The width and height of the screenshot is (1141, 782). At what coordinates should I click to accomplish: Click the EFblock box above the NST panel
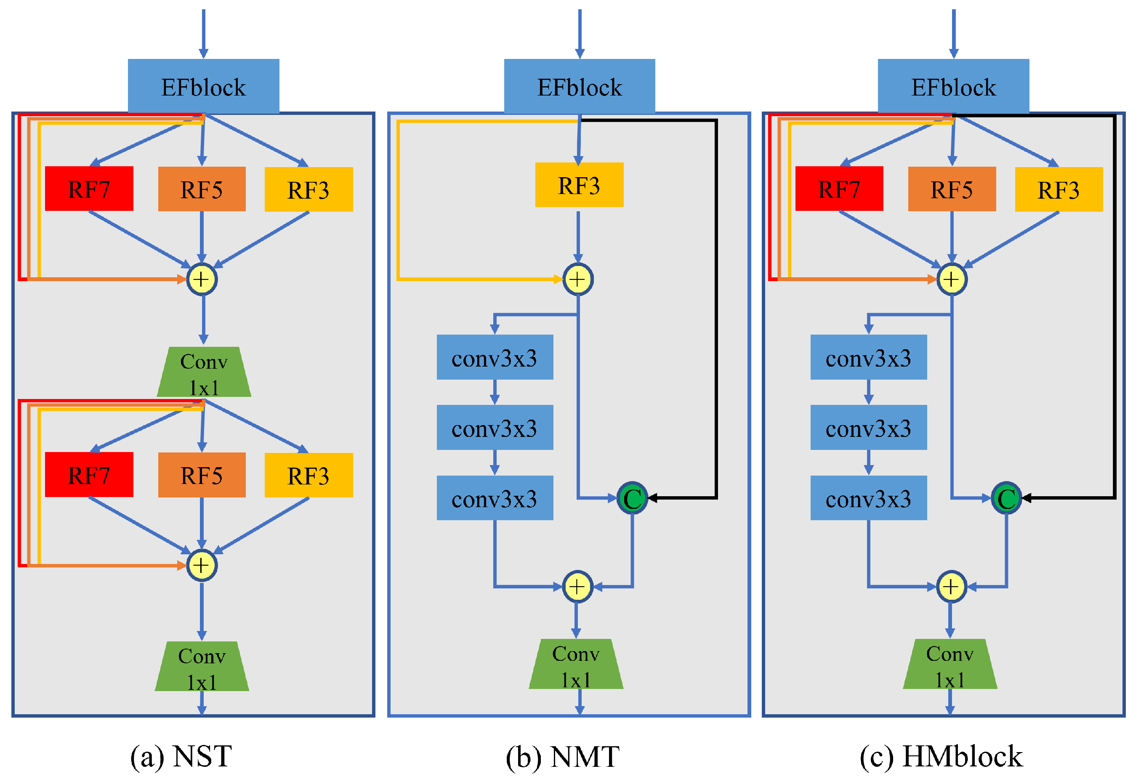tap(203, 86)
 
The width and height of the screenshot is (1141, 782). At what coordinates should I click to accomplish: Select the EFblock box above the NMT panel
tap(579, 86)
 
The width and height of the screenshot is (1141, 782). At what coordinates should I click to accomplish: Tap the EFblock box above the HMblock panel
tap(953, 86)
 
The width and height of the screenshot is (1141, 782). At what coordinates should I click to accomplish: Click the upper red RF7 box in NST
tap(89, 189)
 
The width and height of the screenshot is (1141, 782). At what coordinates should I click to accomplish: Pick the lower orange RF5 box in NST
tap(202, 475)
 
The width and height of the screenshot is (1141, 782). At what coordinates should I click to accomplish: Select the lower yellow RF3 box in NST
tap(309, 475)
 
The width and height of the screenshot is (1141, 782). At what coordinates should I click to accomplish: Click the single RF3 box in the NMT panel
tap(579, 185)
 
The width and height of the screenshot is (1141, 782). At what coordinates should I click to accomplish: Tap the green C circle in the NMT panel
tap(632, 498)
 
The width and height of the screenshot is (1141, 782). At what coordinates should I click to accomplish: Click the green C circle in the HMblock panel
tap(1006, 498)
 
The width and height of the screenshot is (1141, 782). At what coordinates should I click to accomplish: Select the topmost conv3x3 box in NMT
tap(495, 357)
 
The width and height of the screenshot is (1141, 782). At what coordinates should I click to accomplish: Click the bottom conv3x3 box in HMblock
tap(868, 498)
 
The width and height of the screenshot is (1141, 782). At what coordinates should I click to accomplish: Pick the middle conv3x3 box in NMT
tap(495, 428)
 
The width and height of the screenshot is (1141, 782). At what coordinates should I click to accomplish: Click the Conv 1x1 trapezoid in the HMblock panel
tap(950, 664)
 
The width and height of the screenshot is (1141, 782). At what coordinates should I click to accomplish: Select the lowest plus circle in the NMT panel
tap(577, 587)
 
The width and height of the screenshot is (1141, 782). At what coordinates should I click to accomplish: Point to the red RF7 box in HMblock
tap(838, 189)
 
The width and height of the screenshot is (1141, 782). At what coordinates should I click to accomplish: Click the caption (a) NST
tap(181, 756)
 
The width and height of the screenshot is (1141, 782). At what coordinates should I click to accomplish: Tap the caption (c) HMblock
tap(941, 756)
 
